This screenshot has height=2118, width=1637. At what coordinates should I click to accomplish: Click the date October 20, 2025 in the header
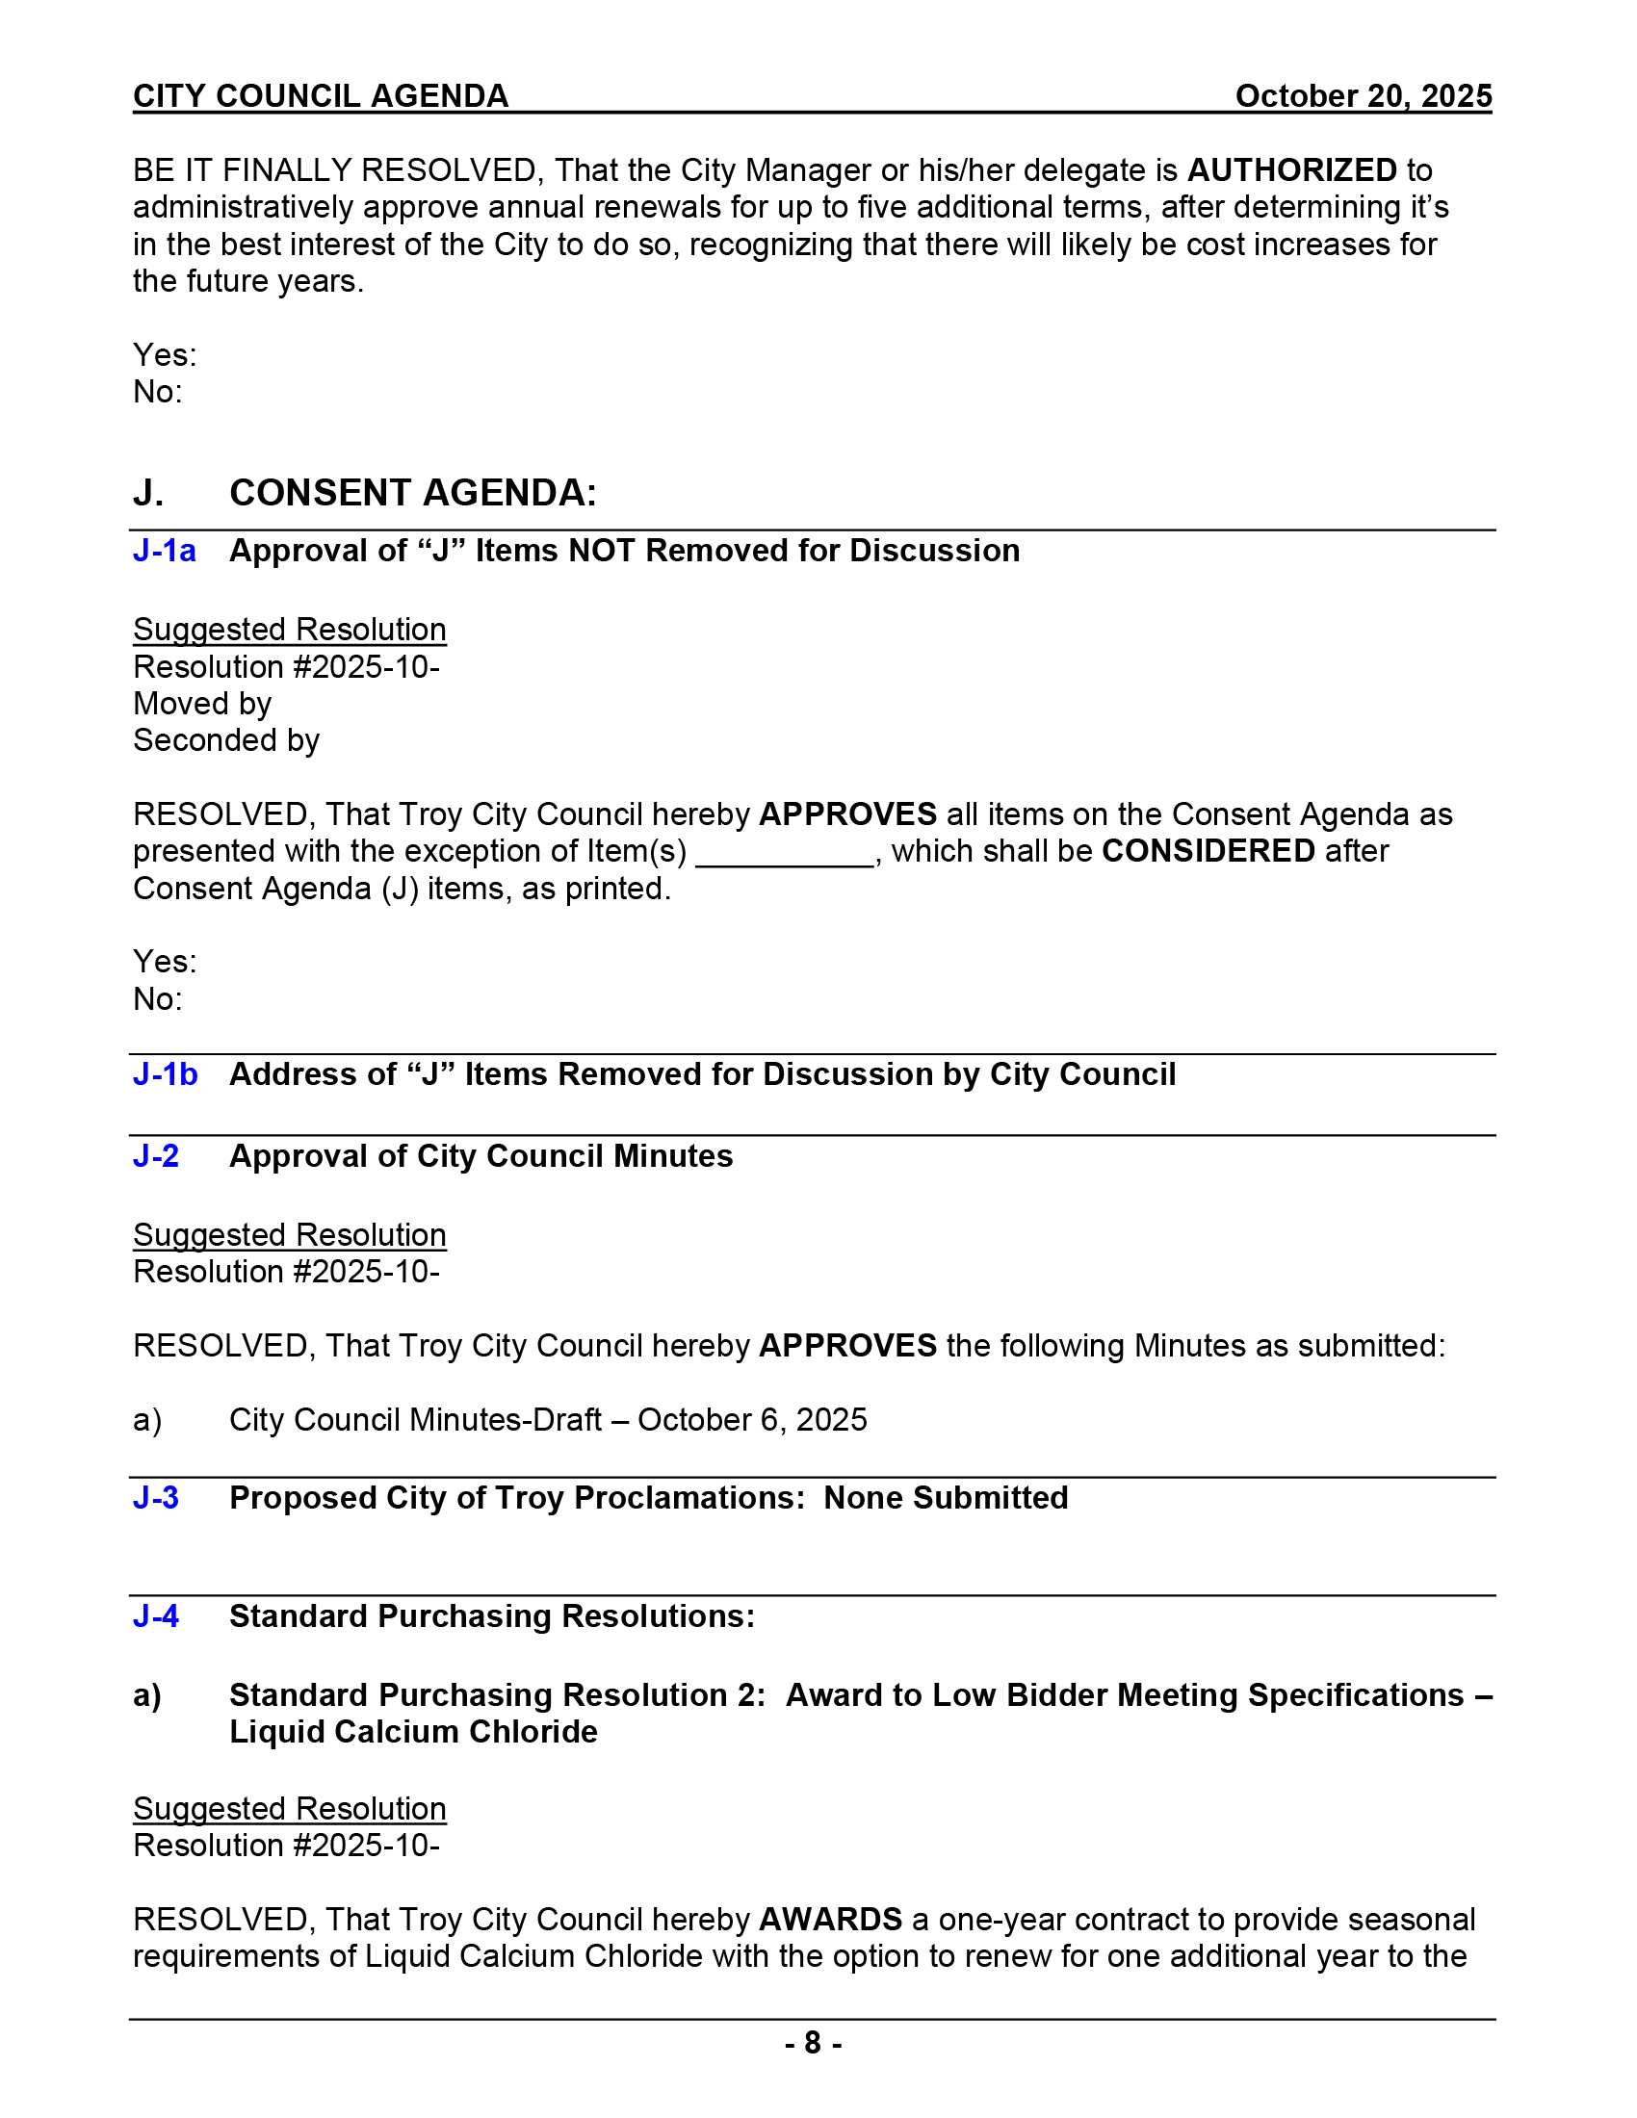point(1363,96)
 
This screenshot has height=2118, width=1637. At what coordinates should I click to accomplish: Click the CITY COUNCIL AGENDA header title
point(320,96)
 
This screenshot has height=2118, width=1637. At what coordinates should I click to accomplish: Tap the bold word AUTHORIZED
point(1291,170)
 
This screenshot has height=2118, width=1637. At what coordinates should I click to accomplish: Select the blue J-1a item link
point(164,551)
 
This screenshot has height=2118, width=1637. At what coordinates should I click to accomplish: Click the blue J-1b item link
point(165,1074)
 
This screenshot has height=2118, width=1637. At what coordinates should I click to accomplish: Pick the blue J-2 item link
point(156,1156)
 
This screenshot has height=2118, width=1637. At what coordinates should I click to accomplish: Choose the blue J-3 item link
point(156,1498)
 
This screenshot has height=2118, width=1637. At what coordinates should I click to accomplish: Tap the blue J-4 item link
point(156,1616)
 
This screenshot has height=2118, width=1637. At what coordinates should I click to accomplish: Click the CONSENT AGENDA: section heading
point(412,493)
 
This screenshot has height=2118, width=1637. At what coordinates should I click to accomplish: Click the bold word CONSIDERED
point(1208,851)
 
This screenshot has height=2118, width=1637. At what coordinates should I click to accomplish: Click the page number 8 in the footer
point(813,2043)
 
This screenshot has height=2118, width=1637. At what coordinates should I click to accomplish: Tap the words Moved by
point(201,704)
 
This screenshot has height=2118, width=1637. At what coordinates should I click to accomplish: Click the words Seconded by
point(226,741)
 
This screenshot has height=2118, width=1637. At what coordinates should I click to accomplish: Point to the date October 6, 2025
point(752,1420)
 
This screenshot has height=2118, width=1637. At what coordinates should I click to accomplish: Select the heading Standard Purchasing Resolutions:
point(492,1616)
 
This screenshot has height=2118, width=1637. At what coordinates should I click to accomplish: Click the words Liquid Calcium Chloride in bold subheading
point(413,1732)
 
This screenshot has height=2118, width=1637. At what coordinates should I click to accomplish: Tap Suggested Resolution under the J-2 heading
point(289,1235)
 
